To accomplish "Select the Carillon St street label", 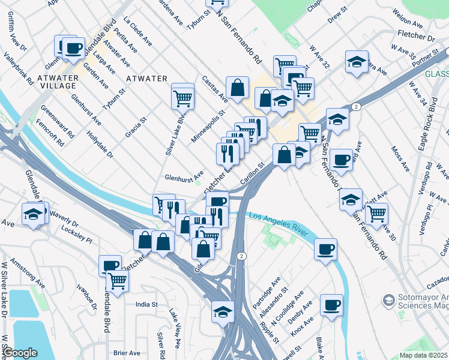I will (x=252, y=173).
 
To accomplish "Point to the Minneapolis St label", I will (x=207, y=126).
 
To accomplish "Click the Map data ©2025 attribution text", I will (x=423, y=355).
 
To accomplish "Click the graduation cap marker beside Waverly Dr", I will (x=34, y=214).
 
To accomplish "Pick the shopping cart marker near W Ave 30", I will (x=376, y=213).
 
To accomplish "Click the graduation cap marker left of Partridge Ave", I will (x=223, y=311).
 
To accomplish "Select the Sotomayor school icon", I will (x=388, y=299).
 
